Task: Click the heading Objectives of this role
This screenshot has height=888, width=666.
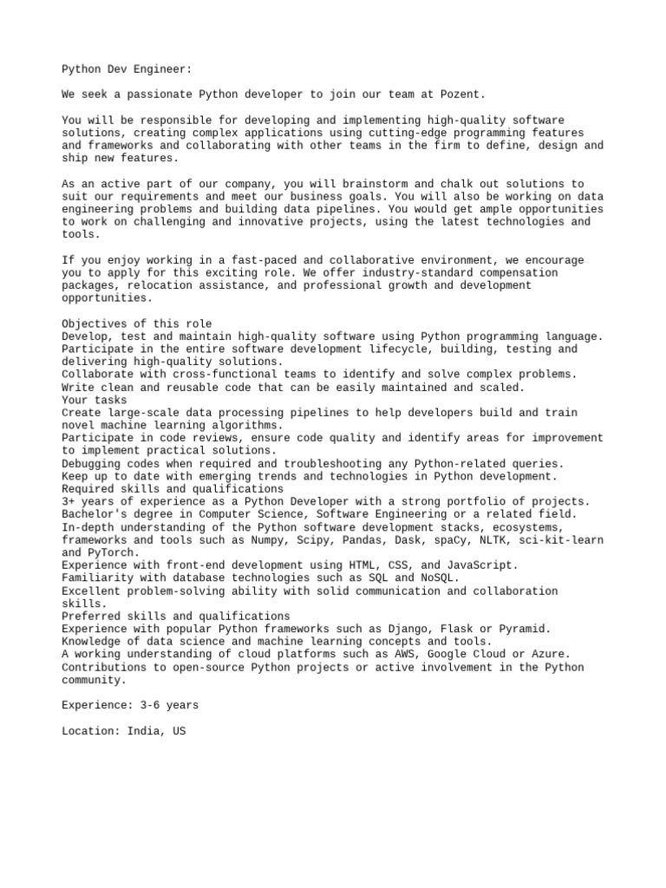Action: click(137, 323)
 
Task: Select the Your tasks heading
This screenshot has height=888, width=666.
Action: click(93, 400)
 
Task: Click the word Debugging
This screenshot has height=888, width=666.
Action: click(93, 464)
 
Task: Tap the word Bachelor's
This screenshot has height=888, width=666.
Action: click(96, 514)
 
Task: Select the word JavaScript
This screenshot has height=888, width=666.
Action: click(480, 565)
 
